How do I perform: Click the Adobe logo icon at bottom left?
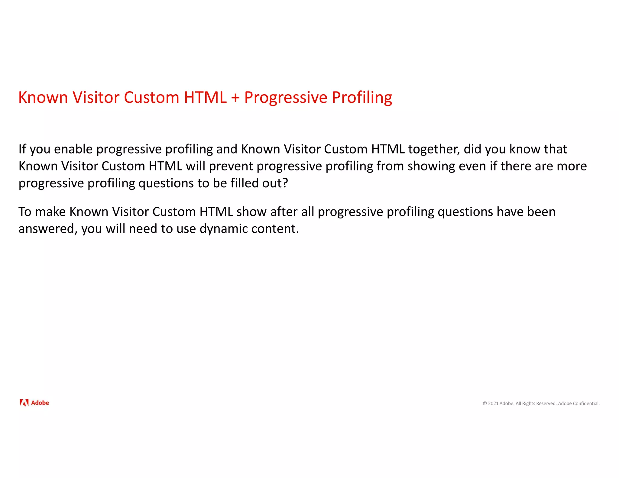24,403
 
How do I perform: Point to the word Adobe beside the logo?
40,403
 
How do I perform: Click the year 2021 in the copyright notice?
493,404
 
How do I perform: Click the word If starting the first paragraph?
22,149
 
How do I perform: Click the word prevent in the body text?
231,166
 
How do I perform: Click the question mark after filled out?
285,183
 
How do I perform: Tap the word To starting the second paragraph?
25,212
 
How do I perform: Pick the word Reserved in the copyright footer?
546,404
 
